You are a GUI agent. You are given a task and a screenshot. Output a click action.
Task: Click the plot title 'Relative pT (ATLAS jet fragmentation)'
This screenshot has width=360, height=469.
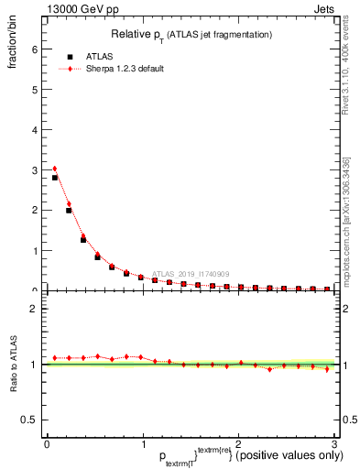[x=192, y=34]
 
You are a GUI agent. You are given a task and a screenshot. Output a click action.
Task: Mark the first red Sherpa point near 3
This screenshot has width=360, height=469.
[x=55, y=169]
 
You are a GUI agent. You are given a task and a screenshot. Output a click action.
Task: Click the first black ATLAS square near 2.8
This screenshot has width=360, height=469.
[x=55, y=178]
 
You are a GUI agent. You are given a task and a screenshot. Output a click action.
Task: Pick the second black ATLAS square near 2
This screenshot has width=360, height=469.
[x=69, y=211]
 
